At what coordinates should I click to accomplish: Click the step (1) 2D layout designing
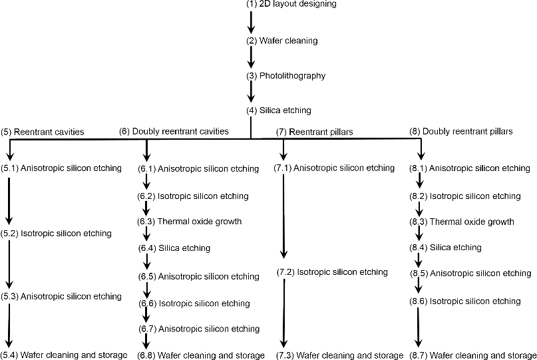[x=291, y=4]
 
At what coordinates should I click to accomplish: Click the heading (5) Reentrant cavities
[x=43, y=132]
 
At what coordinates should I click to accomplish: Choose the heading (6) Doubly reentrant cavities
[x=174, y=132]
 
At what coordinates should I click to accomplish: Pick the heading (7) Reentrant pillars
[x=314, y=132]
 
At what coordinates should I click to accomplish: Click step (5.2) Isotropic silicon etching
[x=57, y=234]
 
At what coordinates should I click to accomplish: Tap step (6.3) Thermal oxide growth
[x=190, y=222]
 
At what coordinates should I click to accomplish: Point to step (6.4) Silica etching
[x=174, y=248]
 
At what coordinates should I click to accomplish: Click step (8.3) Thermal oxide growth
[x=462, y=222]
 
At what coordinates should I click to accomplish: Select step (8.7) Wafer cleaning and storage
[x=473, y=355]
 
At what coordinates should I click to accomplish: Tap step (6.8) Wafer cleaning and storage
[x=201, y=355]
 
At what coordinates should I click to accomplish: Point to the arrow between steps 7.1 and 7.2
[x=284, y=216]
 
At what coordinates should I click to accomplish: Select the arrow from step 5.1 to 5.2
[x=9, y=200]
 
